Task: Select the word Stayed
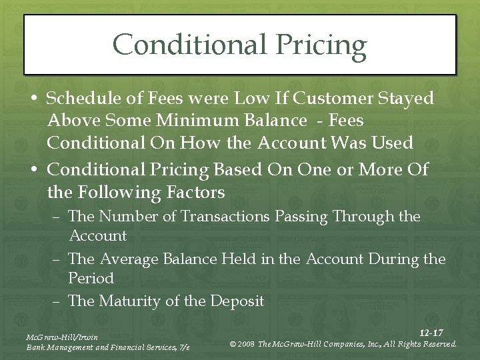point(407,99)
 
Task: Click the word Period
point(91,278)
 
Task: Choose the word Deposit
point(237,301)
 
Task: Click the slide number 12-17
point(431,333)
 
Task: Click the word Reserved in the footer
point(436,345)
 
